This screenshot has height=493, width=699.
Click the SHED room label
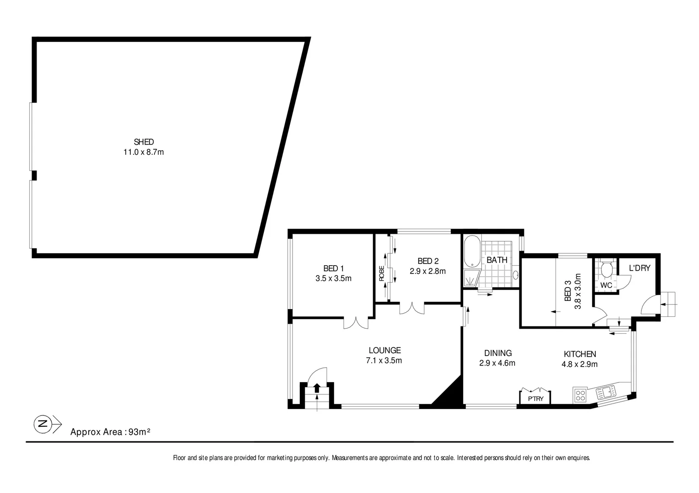coord(144,142)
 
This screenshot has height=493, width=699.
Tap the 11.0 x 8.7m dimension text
coord(144,152)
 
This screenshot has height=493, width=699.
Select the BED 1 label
coord(333,268)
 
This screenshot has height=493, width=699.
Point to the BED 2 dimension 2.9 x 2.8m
coord(427,271)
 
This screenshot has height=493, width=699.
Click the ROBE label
coord(381,273)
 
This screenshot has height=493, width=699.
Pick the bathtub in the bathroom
coord(471,252)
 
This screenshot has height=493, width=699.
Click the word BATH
coord(496,260)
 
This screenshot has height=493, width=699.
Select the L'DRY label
coord(639,268)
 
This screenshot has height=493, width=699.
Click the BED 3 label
coord(568,291)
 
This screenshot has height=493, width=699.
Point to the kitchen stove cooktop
coord(580,395)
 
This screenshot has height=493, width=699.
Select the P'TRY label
coord(535,399)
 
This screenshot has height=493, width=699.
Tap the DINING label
coord(498,353)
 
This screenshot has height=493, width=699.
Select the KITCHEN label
coord(579,354)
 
